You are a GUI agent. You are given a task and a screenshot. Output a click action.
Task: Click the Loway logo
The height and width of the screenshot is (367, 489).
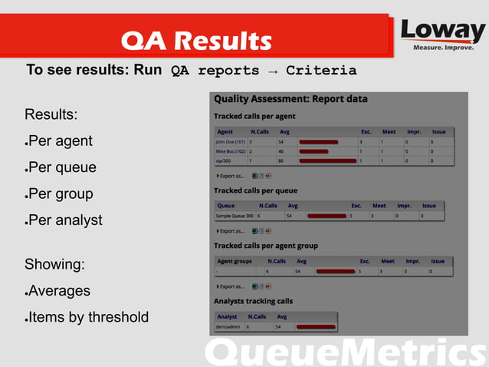pyautogui.click(x=443, y=35)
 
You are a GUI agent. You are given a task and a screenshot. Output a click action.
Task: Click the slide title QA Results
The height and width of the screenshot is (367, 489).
pyautogui.click(x=196, y=40)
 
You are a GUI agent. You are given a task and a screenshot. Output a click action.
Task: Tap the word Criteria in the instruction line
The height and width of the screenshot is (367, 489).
pyautogui.click(x=321, y=71)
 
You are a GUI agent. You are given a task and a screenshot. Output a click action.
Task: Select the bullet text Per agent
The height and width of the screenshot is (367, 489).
pyautogui.click(x=61, y=141)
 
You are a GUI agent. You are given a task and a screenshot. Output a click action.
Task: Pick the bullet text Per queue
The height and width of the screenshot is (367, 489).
pyautogui.click(x=63, y=167)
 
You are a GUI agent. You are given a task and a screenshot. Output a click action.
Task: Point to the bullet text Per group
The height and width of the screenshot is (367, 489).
pyautogui.click(x=61, y=193)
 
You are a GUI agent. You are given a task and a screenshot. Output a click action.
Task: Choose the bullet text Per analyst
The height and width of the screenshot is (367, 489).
pyautogui.click(x=65, y=220)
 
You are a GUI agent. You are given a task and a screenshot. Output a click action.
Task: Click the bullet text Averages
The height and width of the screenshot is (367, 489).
pyautogui.click(x=60, y=291)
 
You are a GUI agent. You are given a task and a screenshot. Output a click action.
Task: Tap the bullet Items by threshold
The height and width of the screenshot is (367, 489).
pyautogui.click(x=88, y=317)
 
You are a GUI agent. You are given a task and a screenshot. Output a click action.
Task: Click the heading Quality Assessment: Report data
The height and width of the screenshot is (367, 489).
pyautogui.click(x=290, y=99)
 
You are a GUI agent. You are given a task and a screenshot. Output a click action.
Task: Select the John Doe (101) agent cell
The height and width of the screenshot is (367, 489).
pyautogui.click(x=230, y=142)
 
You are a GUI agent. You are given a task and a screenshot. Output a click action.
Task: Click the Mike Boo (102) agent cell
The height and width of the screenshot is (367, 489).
pyautogui.click(x=231, y=151)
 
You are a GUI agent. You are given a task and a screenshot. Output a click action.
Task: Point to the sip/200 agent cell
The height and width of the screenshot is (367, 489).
pyautogui.click(x=223, y=160)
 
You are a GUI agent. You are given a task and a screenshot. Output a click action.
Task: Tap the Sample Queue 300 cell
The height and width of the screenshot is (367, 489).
pyautogui.click(x=235, y=217)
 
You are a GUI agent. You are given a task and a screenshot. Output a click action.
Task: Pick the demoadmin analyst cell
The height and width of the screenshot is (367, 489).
pyautogui.click(x=229, y=327)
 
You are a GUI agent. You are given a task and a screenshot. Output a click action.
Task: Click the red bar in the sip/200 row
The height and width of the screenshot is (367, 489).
pyautogui.click(x=327, y=160)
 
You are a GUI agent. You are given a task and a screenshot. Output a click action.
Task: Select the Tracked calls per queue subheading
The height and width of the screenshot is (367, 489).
pyautogui.click(x=255, y=190)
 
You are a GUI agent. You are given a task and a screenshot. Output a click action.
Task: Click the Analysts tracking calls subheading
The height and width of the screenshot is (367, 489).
pyautogui.click(x=253, y=301)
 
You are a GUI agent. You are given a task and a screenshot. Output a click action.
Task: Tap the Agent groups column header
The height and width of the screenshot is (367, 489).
pyautogui.click(x=235, y=261)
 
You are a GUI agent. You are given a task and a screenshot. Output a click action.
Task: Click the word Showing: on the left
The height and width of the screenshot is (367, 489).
pyautogui.click(x=54, y=265)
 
